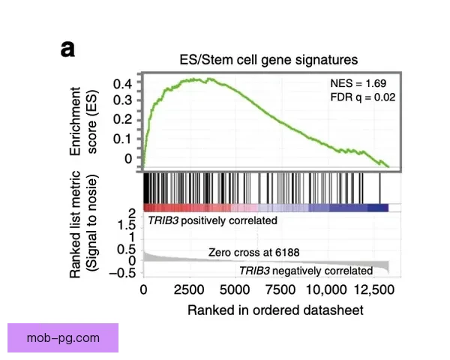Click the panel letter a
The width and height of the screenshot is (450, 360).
coord(68,49)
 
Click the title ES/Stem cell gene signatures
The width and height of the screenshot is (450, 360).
coord(268,58)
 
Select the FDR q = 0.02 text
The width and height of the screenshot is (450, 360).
coord(362,97)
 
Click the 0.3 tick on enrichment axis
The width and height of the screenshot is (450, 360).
coord(122,100)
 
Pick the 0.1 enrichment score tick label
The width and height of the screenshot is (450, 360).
coord(122,139)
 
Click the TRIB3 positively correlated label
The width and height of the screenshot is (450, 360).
coord(212,220)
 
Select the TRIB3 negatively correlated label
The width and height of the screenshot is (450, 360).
coord(305,270)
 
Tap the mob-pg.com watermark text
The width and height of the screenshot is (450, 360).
coord(63,337)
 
